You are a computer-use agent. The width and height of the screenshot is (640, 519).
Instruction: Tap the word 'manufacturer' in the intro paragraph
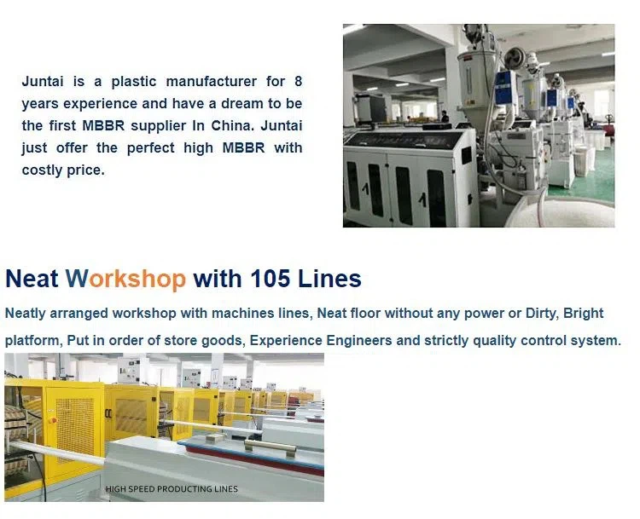pyautogui.click(x=212, y=82)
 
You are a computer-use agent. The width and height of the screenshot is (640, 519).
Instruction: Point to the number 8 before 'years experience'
pyautogui.click(x=298, y=82)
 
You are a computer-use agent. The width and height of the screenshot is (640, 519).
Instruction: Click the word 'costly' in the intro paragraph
pyautogui.click(x=41, y=170)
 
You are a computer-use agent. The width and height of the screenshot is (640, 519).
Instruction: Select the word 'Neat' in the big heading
pyautogui.click(x=32, y=279)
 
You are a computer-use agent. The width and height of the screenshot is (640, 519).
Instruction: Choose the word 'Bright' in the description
pyautogui.click(x=584, y=314)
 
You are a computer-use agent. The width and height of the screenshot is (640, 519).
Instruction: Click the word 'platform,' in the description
pyautogui.click(x=32, y=341)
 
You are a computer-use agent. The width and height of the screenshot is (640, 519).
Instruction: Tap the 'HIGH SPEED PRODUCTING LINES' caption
pyautogui.click(x=172, y=489)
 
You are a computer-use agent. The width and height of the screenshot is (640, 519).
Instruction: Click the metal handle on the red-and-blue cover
pyautogui.click(x=269, y=445)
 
